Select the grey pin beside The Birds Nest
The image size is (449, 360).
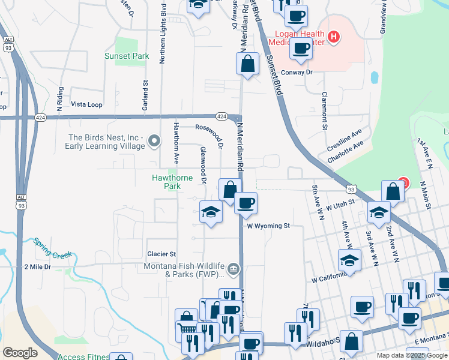tap(155, 142)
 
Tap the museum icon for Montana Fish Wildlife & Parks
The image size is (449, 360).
tap(234, 269)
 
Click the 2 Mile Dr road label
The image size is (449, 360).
tap(38, 266)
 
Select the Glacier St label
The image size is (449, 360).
tap(161, 254)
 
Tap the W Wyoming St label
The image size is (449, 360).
tap(268, 226)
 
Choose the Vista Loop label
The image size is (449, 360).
tap(86, 104)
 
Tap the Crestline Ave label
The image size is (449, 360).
tap(345, 140)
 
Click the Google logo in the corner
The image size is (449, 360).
tap(20, 353)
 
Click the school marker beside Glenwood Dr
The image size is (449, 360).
tap(211, 212)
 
